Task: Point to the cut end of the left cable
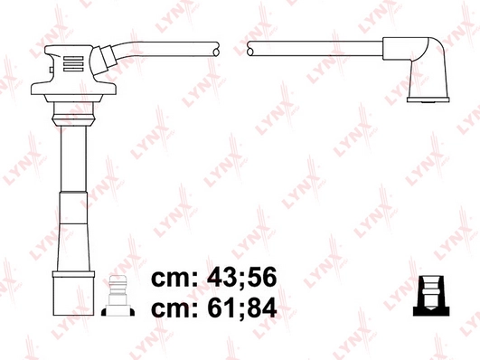point(214,52)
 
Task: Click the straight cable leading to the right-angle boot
point(316,52)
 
